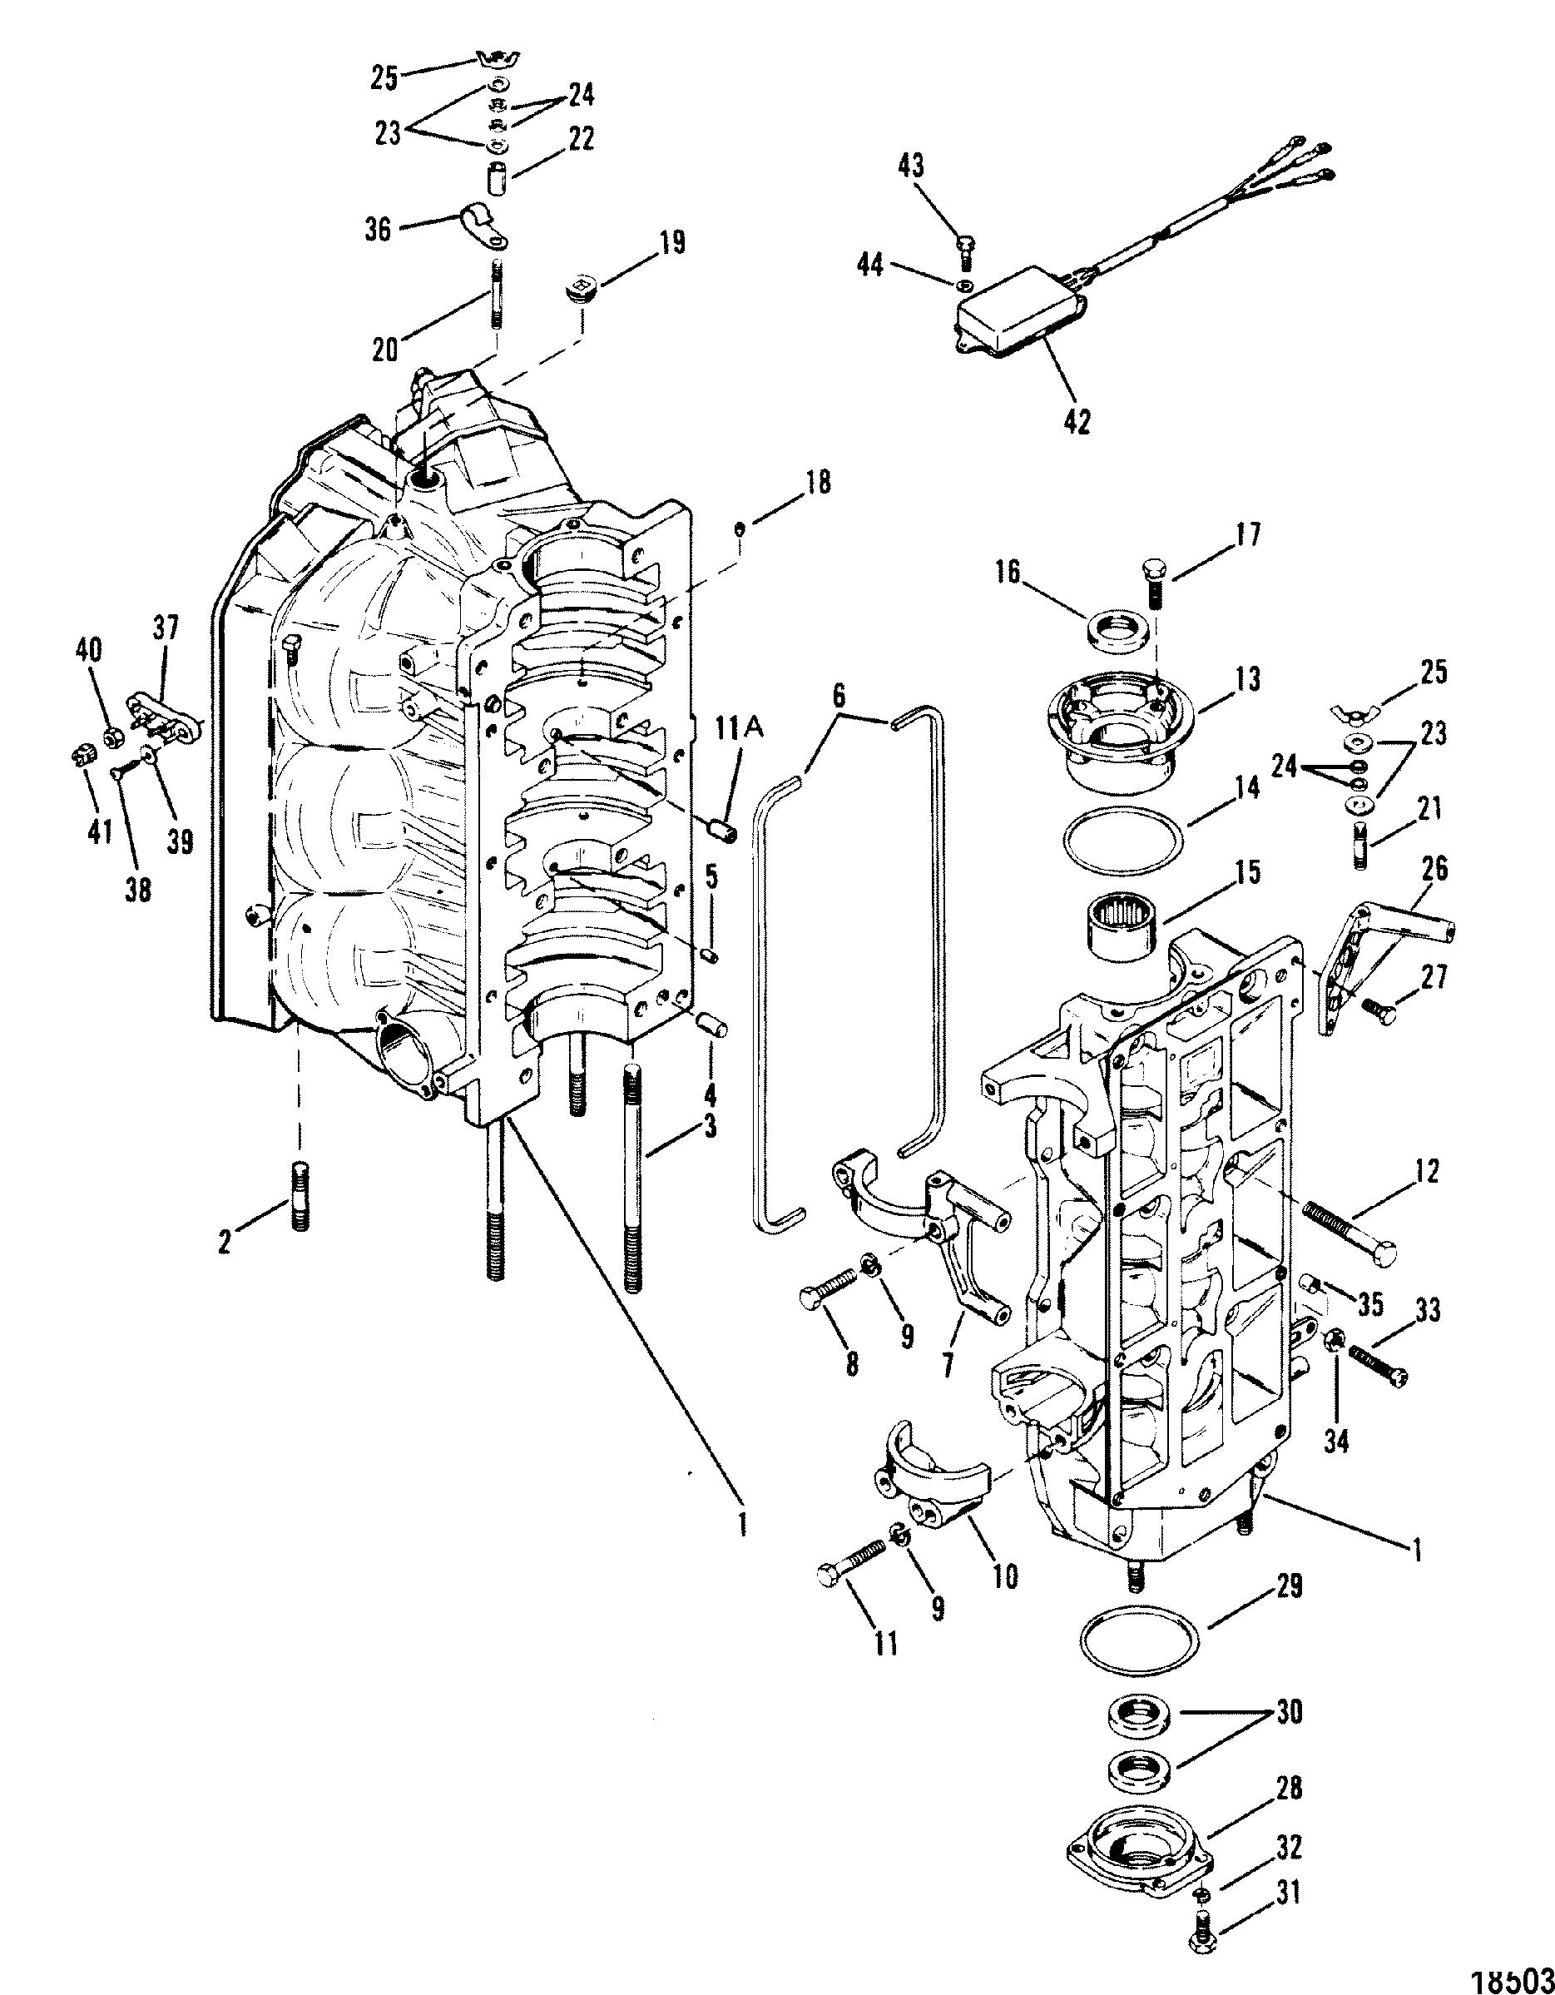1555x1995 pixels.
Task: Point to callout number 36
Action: click(x=377, y=229)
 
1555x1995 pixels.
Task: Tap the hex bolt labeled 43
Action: click(x=963, y=250)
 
